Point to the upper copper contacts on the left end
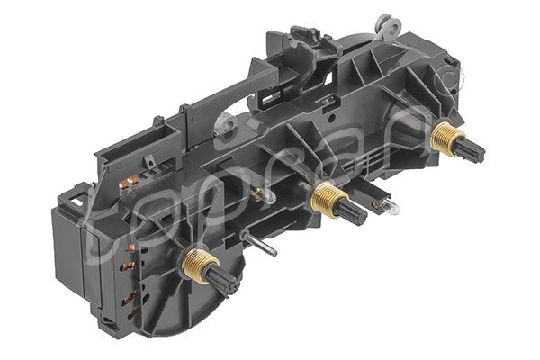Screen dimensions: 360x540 [130, 184]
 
